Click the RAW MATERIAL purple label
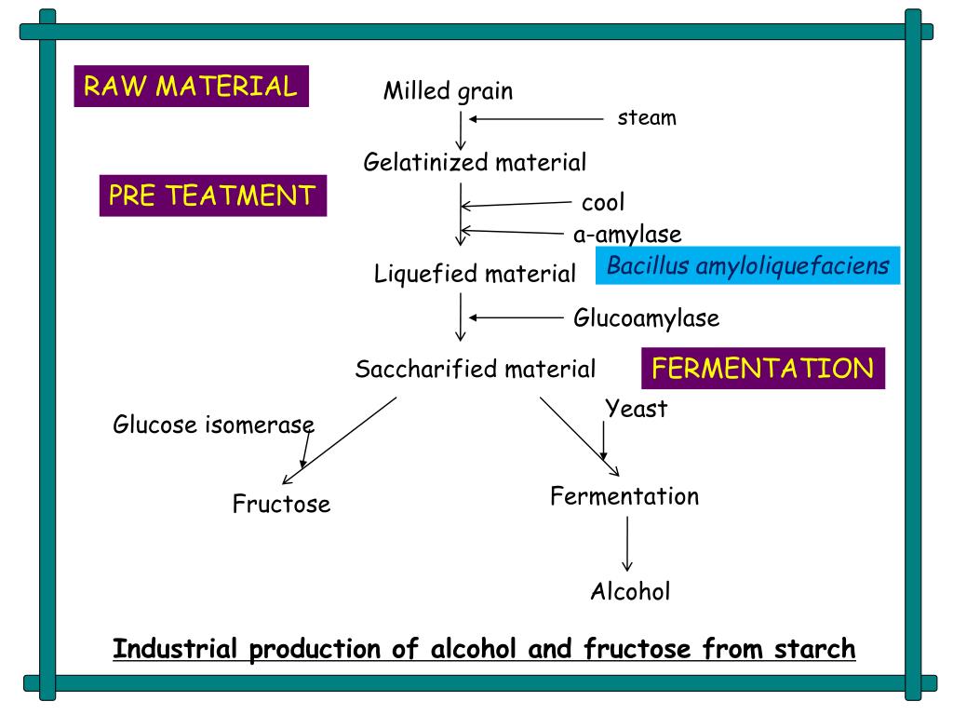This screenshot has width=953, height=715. coord(191,87)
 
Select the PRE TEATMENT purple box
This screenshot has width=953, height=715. coord(213,196)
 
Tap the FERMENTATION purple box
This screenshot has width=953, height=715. coord(763,369)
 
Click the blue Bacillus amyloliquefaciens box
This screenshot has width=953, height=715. coord(747,266)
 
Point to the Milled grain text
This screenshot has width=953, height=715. coord(448,91)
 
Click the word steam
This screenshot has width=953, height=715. coord(647,118)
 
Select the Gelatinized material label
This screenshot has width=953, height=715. coord(475,163)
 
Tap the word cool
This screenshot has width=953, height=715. coord(603,202)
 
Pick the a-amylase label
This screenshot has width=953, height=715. coord(627,234)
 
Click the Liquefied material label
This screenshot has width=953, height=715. coord(475,274)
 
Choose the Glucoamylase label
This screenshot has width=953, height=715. coord(646,318)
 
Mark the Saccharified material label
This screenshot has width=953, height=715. coord(475,370)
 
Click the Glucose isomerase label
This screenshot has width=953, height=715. coord(213,425)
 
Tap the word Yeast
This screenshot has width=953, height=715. coord(637,408)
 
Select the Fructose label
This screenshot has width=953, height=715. coord(281,505)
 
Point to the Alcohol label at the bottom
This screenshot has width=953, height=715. coord(630,591)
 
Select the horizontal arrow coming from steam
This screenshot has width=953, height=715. coord(536,119)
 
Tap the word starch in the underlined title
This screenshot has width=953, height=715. coord(814,648)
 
